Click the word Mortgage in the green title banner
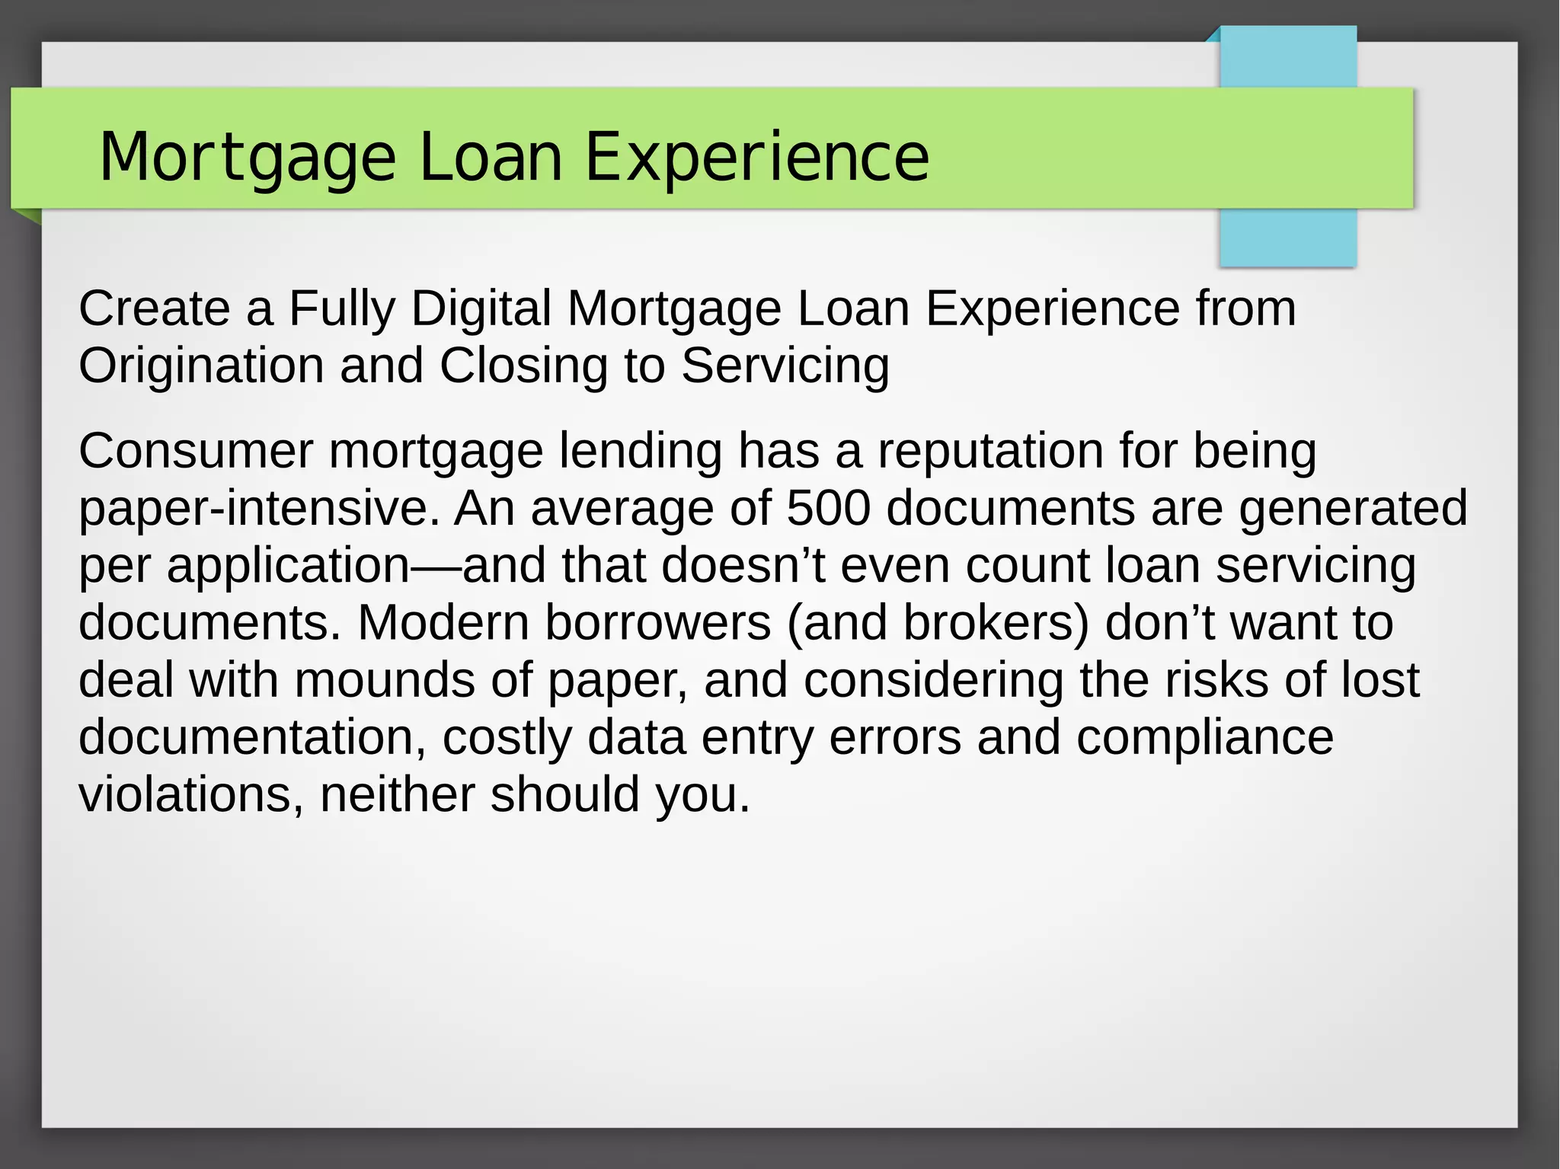[x=248, y=157]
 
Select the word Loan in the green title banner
[x=490, y=157]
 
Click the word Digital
[x=481, y=308]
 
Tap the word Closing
[x=524, y=366]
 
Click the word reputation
[x=990, y=451]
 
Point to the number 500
[x=828, y=508]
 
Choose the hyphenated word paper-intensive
[x=259, y=508]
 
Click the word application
[x=289, y=566]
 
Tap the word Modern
[x=443, y=622]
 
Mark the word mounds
[x=385, y=679]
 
